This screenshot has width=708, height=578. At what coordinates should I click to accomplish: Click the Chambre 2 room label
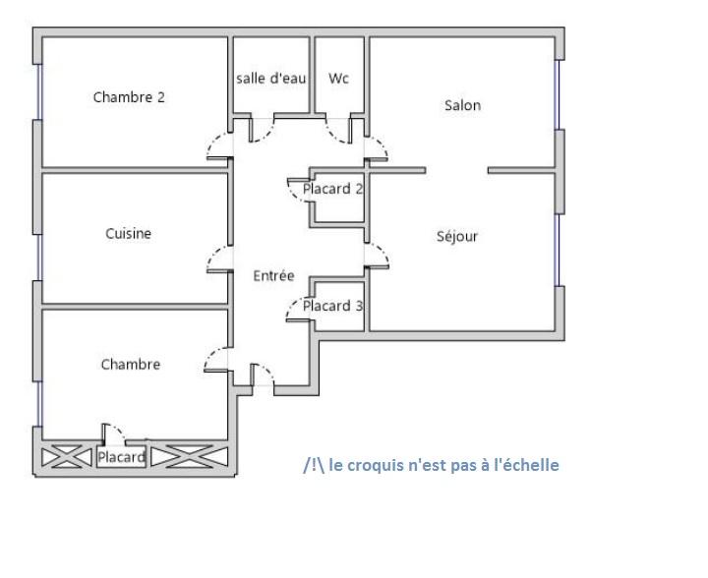point(129,97)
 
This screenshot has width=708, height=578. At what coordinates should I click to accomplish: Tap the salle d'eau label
point(271,78)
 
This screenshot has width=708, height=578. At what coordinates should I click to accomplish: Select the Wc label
point(338,78)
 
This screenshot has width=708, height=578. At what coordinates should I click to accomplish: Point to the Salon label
point(462,105)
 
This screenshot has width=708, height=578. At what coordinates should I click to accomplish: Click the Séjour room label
point(457,236)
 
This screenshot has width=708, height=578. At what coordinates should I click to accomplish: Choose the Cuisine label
point(128,233)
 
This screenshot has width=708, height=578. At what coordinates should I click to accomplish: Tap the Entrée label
point(273,275)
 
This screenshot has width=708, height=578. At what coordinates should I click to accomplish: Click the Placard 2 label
point(332,189)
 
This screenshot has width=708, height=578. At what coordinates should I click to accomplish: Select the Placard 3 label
point(332,306)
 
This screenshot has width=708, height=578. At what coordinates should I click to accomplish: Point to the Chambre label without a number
point(131,364)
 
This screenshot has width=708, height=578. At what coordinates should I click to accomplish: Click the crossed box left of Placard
point(67,457)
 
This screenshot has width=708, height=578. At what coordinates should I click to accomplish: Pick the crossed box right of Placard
point(190,457)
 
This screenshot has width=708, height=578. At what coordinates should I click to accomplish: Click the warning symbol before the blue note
point(314,465)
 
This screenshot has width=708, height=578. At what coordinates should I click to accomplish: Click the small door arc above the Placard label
point(119,430)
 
